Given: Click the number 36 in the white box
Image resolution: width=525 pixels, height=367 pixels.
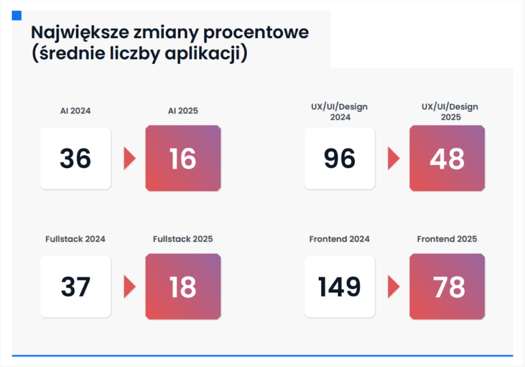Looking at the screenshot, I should click(x=75, y=159).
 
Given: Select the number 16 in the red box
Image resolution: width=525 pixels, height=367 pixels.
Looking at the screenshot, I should click(x=183, y=159).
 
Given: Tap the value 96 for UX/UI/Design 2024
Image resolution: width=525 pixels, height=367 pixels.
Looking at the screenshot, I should click(x=339, y=159).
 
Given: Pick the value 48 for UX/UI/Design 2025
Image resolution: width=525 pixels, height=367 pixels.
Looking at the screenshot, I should click(x=447, y=159).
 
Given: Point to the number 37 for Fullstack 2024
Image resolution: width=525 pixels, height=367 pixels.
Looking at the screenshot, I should click(x=75, y=287).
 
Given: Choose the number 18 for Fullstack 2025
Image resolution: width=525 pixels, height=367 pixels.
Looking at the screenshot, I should click(x=183, y=287).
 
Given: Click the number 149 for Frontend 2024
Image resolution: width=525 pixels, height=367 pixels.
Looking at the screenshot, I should click(x=339, y=287).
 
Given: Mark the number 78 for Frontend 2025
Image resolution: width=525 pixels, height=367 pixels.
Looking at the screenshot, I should click(x=447, y=287).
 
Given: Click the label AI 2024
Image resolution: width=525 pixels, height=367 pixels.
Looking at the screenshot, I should click(x=75, y=111).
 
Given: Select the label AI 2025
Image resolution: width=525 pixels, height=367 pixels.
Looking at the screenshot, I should click(x=183, y=111).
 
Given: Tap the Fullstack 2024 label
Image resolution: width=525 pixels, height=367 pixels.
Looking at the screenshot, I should click(x=75, y=239).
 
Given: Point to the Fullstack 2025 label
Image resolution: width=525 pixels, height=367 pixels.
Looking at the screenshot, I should click(x=183, y=239).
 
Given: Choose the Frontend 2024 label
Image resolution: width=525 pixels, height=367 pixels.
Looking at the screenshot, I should click(x=339, y=239).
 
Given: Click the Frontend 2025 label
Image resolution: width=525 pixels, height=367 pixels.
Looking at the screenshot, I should click(x=447, y=239).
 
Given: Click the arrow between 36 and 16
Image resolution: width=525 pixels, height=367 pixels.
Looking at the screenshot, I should click(x=129, y=159).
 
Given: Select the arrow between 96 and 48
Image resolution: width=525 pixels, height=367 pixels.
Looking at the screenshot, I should click(x=393, y=159).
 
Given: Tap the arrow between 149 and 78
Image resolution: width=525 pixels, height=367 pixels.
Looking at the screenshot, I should click(x=393, y=287).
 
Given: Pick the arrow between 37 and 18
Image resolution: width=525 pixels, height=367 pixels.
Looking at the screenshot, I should click(x=129, y=287).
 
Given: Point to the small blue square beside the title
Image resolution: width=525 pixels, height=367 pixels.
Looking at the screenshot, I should click(x=16, y=15).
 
